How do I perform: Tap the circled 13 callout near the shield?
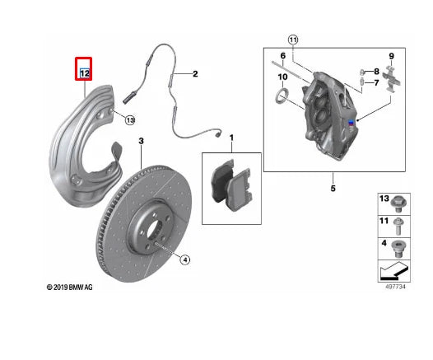pos(129,120)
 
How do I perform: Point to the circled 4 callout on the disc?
pos(185,259)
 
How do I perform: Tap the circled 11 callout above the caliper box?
pos(293,39)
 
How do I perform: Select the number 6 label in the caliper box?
pos(282,55)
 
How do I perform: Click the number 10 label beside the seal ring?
pos(282,77)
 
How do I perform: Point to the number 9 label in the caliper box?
pos(392,55)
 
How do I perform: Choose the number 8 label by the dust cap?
pos(376,72)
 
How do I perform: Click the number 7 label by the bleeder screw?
pos(376,82)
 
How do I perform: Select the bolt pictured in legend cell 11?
pos(399,222)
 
